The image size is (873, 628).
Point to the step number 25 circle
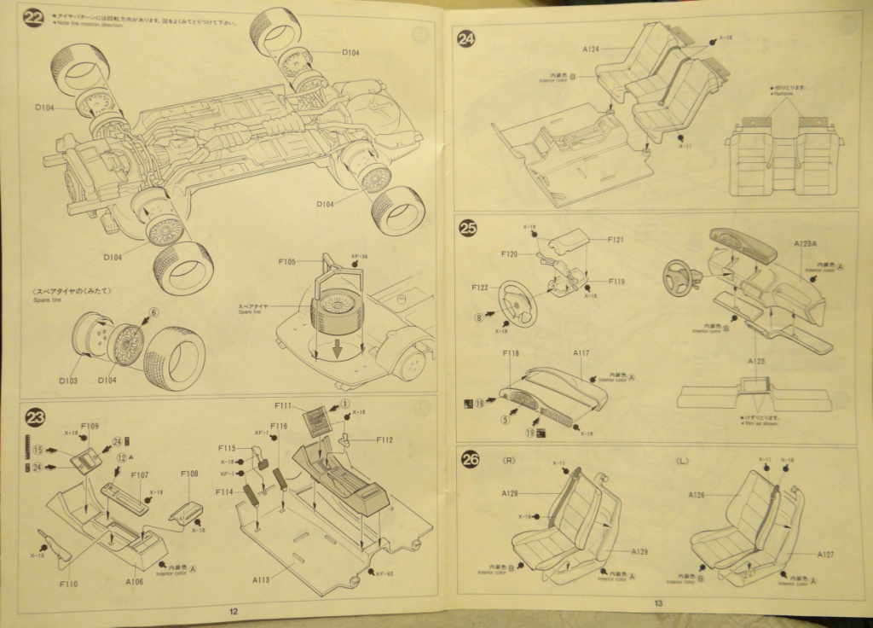point(468,228)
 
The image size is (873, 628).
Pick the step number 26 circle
point(470,460)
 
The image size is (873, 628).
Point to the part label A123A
point(805,244)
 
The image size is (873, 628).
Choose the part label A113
point(262,579)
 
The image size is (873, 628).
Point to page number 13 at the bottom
point(658,604)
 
